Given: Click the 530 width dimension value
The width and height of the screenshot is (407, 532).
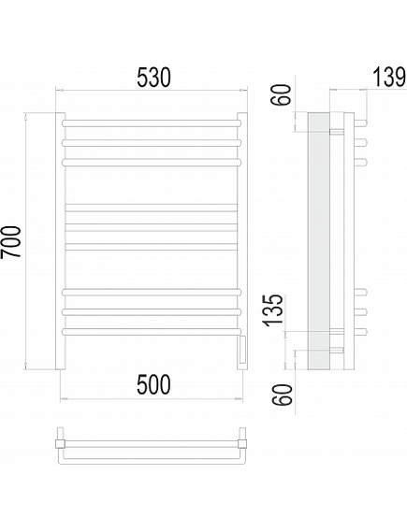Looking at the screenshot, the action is click(x=153, y=78).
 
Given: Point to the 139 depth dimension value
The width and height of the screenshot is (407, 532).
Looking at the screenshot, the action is click(x=389, y=77).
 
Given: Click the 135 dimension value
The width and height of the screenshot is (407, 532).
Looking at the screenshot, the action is click(x=273, y=310).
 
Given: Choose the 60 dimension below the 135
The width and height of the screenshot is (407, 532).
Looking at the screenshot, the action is click(x=283, y=395).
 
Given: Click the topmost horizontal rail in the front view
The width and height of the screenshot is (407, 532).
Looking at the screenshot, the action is click(x=152, y=123).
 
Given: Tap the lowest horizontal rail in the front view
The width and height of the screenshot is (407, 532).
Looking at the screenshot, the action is click(x=152, y=332).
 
